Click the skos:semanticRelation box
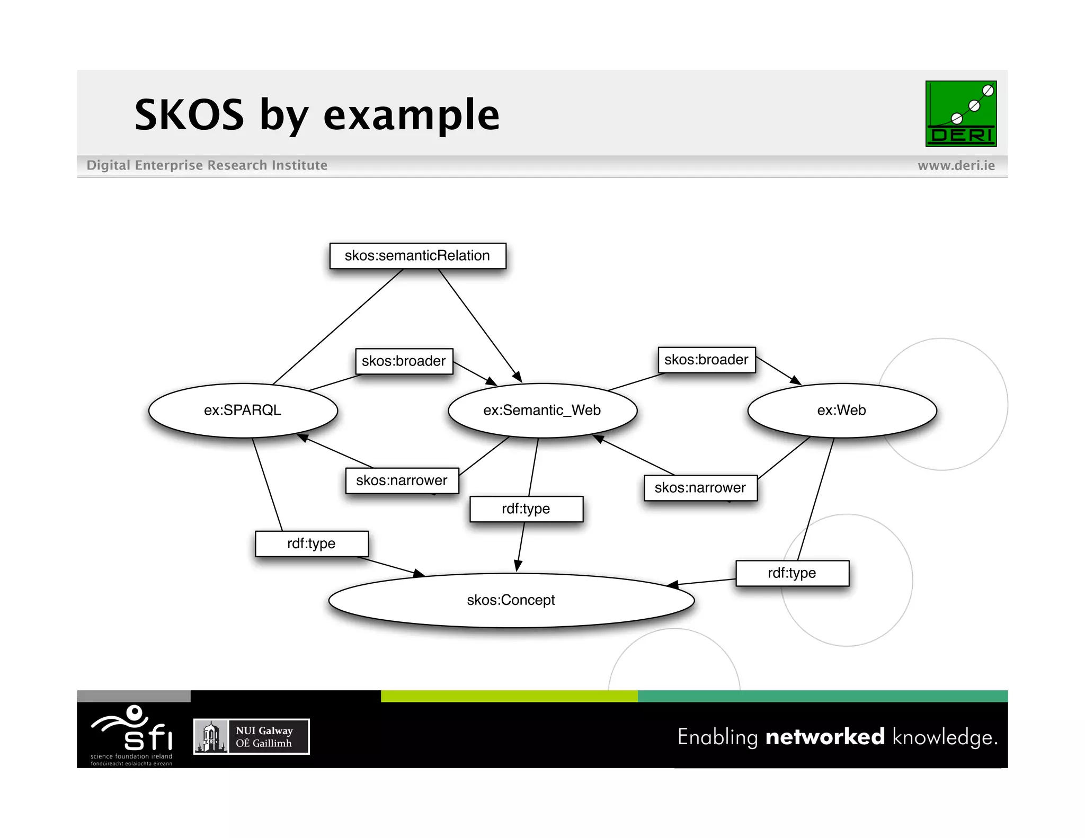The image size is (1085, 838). coord(417,256)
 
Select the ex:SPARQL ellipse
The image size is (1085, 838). coord(243,411)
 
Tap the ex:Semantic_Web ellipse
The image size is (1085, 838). coord(542,411)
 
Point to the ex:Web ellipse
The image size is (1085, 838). coord(841,411)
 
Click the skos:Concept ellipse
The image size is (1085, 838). coord(511,600)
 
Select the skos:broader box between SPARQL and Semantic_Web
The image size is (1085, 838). coord(404,361)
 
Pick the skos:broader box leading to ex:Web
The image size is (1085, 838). coord(706,360)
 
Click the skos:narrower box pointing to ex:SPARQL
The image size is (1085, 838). coord(402,480)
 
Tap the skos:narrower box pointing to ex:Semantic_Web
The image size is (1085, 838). coord(700,488)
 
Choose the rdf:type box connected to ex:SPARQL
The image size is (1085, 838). coord(312,543)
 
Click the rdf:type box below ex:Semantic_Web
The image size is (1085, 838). coord(526,509)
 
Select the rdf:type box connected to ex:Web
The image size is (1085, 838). coord(792,573)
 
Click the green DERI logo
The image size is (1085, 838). coord(961,113)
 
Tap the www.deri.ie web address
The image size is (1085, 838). coord(956,166)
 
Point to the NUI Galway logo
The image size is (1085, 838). coord(252,736)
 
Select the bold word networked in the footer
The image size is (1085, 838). coord(825,737)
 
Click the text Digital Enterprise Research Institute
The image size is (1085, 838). coord(207,165)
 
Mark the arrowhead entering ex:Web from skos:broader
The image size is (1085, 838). coord(796,380)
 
